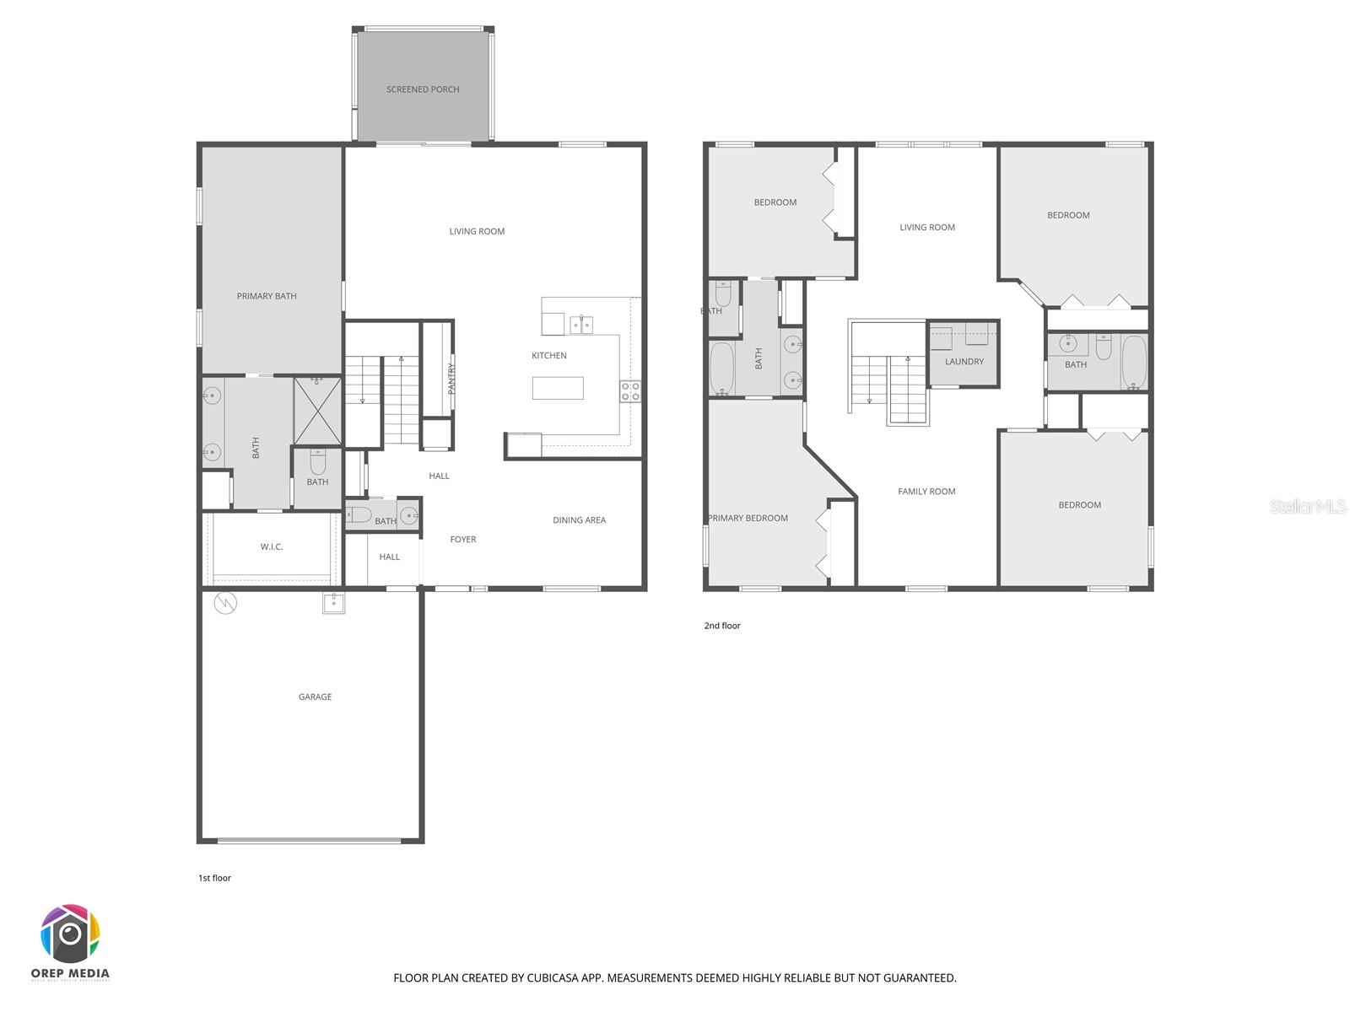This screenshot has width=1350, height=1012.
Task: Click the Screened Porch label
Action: (x=423, y=89)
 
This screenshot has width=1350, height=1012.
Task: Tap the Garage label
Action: (x=315, y=697)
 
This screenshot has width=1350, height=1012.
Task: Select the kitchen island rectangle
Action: (x=558, y=388)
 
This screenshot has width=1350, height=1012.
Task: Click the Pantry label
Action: (x=451, y=379)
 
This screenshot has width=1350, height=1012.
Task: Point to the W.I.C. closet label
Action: (x=272, y=546)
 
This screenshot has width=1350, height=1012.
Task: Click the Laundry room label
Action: (x=964, y=361)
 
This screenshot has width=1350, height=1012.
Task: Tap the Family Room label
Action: (x=926, y=491)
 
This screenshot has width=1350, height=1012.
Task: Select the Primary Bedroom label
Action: (x=748, y=518)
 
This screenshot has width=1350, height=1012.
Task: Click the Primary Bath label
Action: (x=267, y=296)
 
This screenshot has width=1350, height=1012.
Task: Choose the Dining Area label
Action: (x=579, y=519)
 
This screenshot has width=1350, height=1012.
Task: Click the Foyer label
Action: (x=462, y=539)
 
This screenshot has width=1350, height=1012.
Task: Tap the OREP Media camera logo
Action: (x=70, y=934)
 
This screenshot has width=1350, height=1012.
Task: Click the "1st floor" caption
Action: (x=214, y=878)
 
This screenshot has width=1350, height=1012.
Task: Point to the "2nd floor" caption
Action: (x=722, y=626)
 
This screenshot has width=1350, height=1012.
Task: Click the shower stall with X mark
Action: (x=317, y=411)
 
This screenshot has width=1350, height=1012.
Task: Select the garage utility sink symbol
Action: (x=334, y=602)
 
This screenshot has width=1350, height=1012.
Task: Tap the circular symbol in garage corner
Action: (x=226, y=603)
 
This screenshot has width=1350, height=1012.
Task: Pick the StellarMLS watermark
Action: (x=1308, y=506)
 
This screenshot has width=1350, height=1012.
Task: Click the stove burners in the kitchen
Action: (x=630, y=390)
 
